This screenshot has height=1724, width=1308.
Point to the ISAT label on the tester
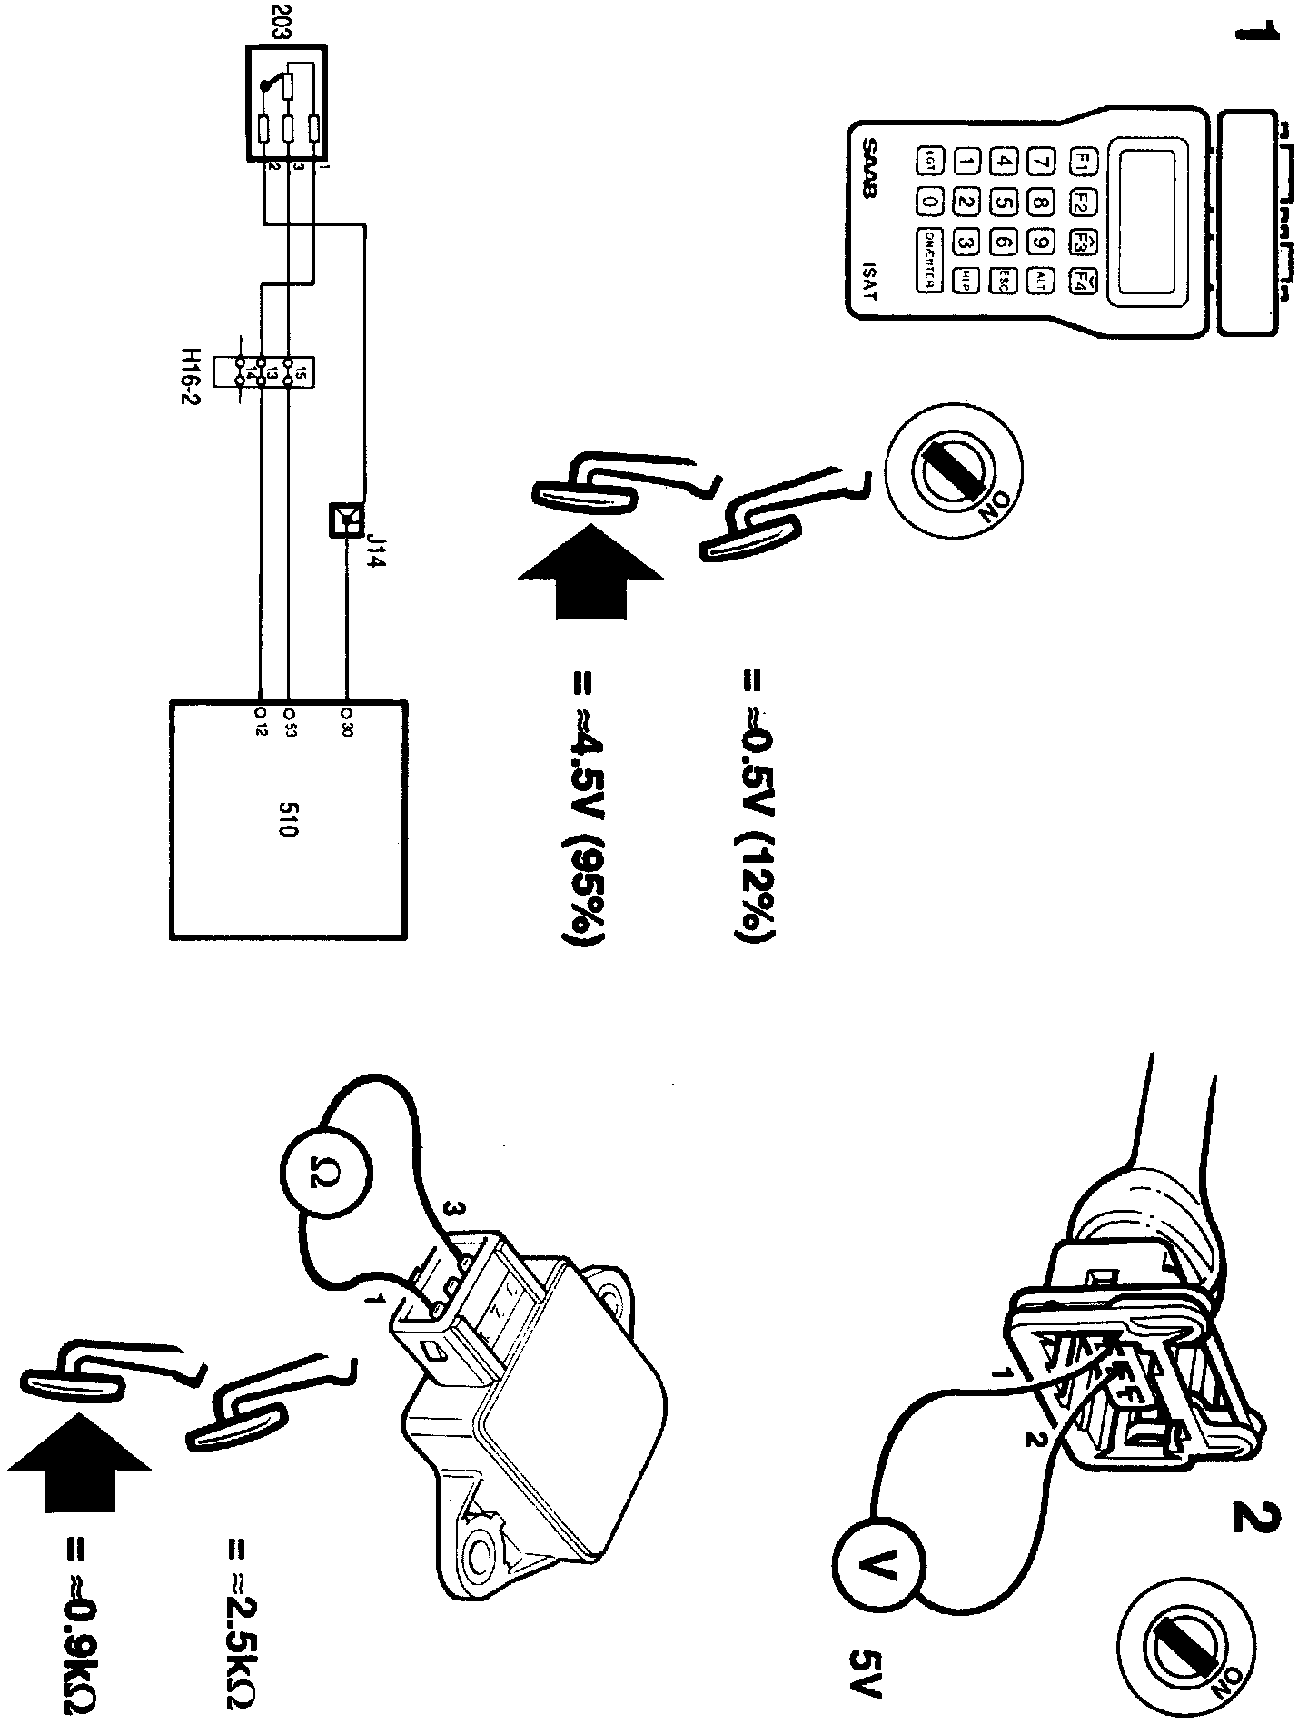click(870, 282)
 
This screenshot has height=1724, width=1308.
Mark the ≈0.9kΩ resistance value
click(79, 1626)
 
